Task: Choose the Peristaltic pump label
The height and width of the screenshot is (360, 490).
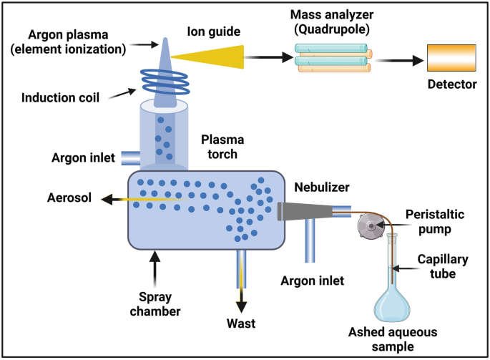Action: pos(440,223)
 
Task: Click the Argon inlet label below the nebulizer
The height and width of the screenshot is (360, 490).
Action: pos(313,281)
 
